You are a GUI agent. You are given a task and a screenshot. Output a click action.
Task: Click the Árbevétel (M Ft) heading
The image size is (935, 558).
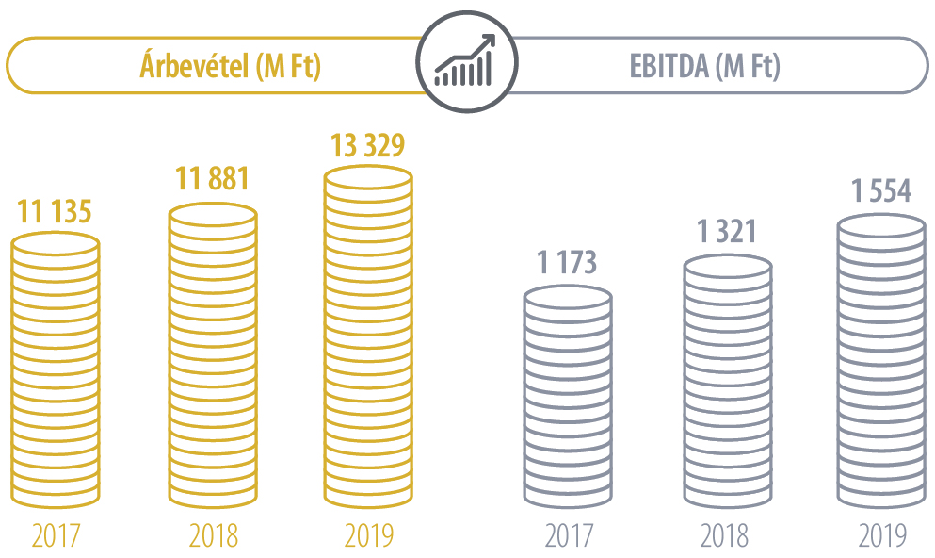230,67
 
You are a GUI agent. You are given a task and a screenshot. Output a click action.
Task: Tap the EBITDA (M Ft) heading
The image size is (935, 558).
704,67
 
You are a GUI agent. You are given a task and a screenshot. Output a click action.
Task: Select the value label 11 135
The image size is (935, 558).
55,211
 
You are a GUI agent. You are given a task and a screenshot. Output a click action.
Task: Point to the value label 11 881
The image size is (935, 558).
212,178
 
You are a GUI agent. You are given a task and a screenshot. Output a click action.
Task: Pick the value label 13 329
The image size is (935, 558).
367,146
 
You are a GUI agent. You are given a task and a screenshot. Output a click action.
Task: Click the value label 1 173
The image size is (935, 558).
567,262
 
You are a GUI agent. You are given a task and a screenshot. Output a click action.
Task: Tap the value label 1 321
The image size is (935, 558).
727,231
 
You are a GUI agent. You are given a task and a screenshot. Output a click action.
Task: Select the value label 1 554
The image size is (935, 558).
881,191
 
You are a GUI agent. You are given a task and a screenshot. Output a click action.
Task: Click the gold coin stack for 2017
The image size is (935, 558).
55,372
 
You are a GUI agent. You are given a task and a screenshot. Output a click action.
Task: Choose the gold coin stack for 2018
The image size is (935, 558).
212,356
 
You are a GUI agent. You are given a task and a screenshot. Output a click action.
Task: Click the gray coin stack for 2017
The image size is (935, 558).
567,397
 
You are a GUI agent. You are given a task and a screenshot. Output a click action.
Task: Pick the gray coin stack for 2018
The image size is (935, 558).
727,382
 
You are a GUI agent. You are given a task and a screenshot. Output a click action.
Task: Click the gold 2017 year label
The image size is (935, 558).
55,535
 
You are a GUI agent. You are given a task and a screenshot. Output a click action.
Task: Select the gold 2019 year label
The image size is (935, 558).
367,535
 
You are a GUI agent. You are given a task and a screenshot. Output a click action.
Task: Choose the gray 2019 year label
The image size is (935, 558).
882,535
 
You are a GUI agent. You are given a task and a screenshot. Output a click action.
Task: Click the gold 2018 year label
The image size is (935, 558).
213,535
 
